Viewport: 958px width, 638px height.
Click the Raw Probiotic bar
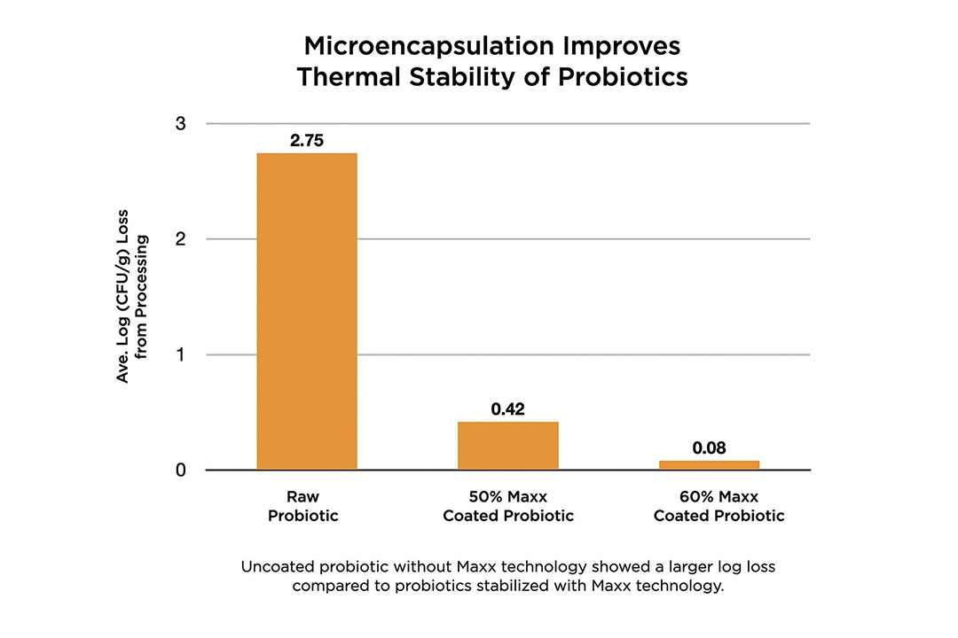click(307, 311)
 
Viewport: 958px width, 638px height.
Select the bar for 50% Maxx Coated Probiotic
click(508, 446)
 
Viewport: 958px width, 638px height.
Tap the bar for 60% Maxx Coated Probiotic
click(710, 465)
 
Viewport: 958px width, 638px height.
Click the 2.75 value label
click(307, 140)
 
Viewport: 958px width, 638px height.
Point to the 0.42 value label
click(507, 409)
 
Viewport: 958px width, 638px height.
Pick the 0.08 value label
click(710, 448)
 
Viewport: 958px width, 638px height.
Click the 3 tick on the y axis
click(180, 123)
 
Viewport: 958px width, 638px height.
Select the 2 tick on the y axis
click(180, 238)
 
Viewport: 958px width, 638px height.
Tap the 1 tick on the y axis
click(180, 354)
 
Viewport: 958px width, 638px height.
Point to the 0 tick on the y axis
click(180, 471)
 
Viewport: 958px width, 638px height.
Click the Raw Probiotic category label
click(303, 506)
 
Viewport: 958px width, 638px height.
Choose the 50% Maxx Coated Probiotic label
click(508, 506)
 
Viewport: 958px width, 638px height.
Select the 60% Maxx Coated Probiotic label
click(719, 506)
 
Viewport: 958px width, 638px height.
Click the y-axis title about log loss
click(132, 296)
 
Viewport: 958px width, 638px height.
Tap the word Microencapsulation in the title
click(428, 46)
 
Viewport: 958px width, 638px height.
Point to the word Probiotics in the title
click(624, 77)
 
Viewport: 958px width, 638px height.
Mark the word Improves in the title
click(621, 46)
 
